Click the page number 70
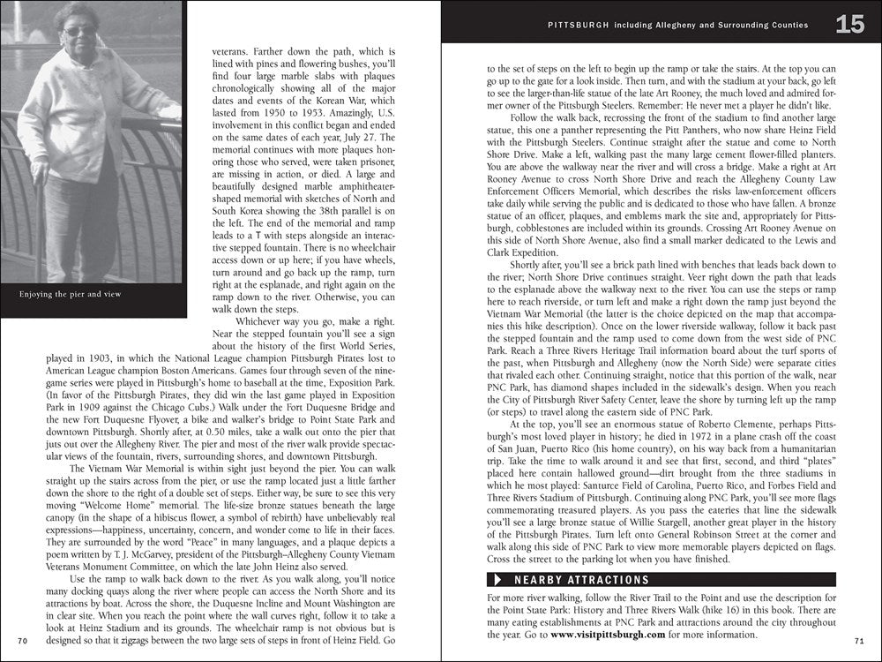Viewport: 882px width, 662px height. (23, 639)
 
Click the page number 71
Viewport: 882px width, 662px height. (859, 639)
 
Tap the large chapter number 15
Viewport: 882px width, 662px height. (850, 25)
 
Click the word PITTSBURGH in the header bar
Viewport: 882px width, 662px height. (578, 26)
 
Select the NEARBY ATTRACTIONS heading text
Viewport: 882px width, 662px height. (581, 580)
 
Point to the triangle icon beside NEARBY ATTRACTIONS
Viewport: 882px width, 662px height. (498, 580)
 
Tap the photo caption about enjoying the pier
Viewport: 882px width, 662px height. (71, 294)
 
